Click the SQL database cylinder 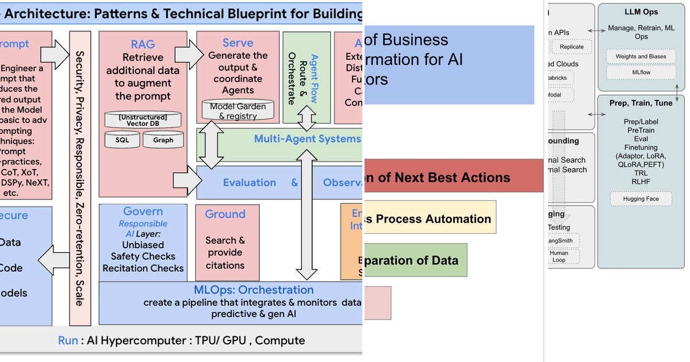(x=122, y=140)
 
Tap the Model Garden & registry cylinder (x=237, y=110)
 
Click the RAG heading (x=143, y=44)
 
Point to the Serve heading (x=237, y=43)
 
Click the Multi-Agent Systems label (x=307, y=138)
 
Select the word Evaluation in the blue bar (x=249, y=183)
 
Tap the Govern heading (x=143, y=211)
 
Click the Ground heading (x=225, y=214)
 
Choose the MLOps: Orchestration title (x=254, y=290)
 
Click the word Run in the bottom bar (x=68, y=340)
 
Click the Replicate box (x=572, y=47)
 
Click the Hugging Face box (x=641, y=199)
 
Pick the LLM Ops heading (x=641, y=12)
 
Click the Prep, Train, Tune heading (x=641, y=103)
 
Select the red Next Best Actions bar (x=454, y=178)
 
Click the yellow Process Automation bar (x=430, y=218)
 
